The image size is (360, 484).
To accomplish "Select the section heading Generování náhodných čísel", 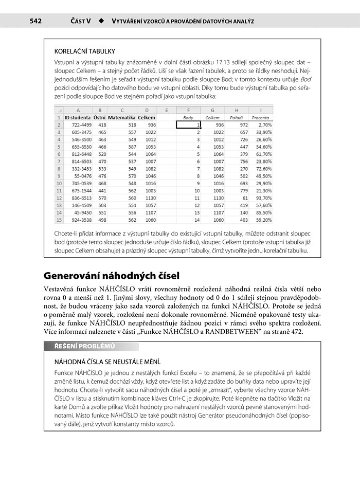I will point(111,275).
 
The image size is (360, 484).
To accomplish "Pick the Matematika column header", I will point(122,117).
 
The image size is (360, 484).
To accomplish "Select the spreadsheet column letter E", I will point(167,110).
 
